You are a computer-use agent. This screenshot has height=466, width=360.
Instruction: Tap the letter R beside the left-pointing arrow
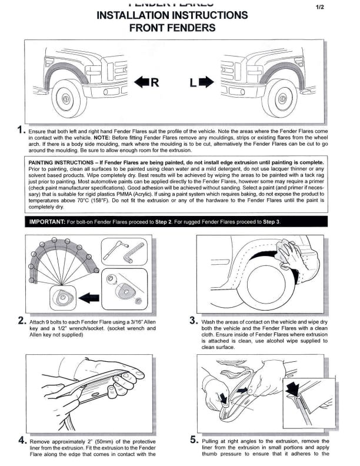click(x=155, y=83)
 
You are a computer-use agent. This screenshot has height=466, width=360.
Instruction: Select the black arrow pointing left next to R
click(x=141, y=83)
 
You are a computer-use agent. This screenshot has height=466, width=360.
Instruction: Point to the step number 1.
click(x=21, y=130)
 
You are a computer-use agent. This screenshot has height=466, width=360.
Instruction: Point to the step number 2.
click(x=21, y=322)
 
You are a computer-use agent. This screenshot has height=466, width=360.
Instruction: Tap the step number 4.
click(x=21, y=440)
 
